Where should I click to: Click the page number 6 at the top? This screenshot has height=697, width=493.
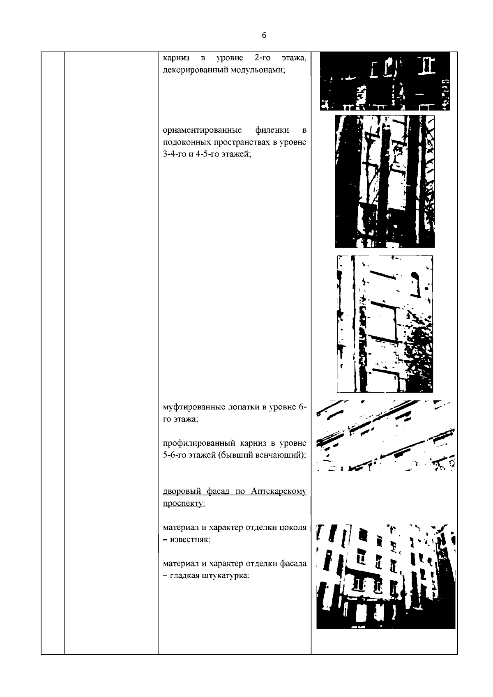point(264,35)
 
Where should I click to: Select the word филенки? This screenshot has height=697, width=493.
point(272,130)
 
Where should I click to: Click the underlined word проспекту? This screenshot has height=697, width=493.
point(184,504)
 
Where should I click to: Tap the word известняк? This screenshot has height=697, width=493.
point(190,540)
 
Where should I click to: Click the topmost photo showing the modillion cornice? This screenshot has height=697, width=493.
point(385,81)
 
